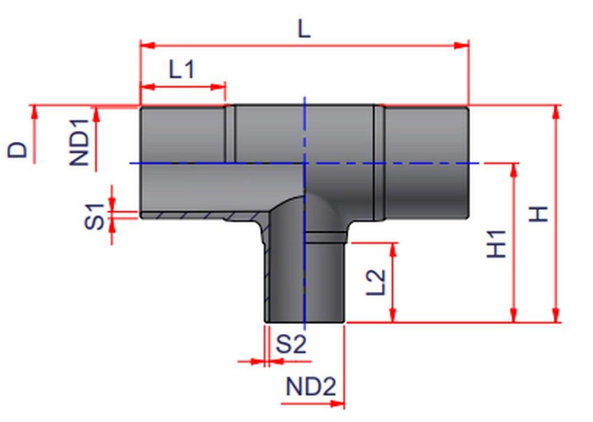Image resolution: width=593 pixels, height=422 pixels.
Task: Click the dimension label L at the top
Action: click(x=304, y=28)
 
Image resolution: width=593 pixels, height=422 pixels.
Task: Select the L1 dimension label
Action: click(x=181, y=70)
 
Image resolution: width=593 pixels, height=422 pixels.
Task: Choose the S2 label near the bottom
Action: click(x=292, y=344)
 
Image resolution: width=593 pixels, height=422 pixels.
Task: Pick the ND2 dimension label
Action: click(x=311, y=388)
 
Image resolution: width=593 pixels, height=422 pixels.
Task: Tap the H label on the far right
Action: click(x=538, y=214)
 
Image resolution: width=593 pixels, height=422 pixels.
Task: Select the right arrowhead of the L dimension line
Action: click(x=463, y=45)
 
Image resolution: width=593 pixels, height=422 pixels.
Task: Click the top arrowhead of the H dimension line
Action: click(x=556, y=111)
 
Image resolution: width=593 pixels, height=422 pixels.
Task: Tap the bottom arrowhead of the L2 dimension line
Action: click(x=393, y=318)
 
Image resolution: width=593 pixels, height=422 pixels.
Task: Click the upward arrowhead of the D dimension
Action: click(x=34, y=111)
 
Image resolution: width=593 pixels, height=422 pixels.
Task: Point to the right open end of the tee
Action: click(x=468, y=161)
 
